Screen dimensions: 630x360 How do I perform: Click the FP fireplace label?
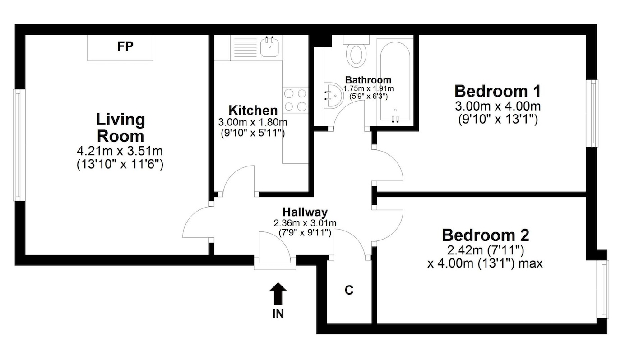pos(125,46)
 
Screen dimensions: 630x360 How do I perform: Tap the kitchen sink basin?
pos(269,48)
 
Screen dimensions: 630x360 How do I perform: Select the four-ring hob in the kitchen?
pos(295,100)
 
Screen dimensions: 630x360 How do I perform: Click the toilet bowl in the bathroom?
pos(356,55)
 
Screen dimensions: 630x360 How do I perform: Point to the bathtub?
pos(395,82)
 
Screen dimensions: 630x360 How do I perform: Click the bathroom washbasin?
pos(334,96)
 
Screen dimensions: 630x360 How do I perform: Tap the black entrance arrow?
pos(278,294)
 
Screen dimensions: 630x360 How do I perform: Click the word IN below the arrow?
pos(278,314)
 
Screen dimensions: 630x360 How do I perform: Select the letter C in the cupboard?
pos(349,290)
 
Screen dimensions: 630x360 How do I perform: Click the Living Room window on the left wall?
pos(19,145)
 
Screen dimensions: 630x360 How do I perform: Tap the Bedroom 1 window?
pos(592,113)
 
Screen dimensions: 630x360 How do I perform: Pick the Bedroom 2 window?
pos(603,290)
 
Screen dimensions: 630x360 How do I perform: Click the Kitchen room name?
pos(253,111)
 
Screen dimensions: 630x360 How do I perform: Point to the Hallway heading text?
pos(305,212)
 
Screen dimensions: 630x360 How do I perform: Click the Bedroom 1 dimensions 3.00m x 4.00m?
pos(498,106)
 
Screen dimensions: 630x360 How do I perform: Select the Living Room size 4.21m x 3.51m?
pos(120,151)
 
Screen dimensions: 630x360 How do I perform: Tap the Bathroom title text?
pos(368,80)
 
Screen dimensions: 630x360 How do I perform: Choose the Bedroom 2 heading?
pos(486,235)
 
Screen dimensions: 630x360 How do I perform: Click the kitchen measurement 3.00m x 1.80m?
pos(253,122)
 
